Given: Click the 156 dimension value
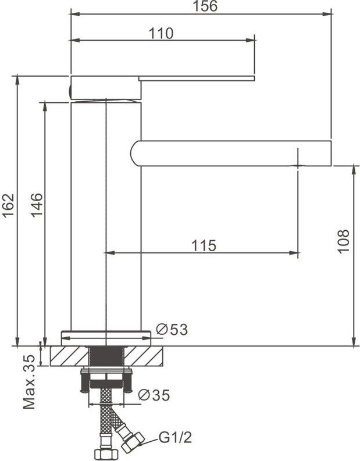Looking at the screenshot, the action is pyautogui.click(x=205, y=6).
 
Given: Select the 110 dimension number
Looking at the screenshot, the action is pyautogui.click(x=161, y=34).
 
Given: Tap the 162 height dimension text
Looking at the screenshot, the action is pyautogui.click(x=8, y=205).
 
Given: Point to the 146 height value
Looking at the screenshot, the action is pyautogui.click(x=37, y=205).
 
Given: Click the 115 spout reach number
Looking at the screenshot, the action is pyautogui.click(x=204, y=245).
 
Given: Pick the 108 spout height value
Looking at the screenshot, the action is pyautogui.click(x=343, y=241).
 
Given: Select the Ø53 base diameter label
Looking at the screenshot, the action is pyautogui.click(x=172, y=329).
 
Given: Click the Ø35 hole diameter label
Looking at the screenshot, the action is pyautogui.click(x=154, y=395).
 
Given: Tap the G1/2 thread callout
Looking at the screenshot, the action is pyautogui.click(x=175, y=438).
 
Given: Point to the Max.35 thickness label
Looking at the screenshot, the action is pyautogui.click(x=29, y=382).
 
